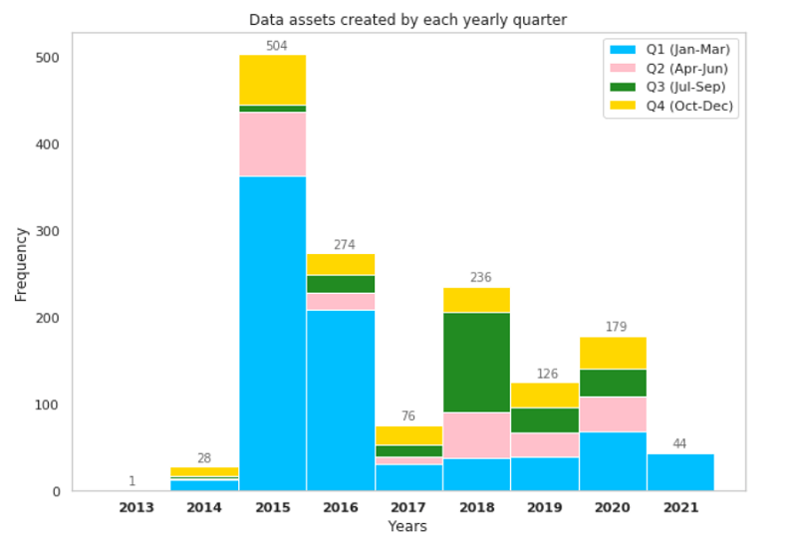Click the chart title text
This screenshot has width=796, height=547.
[407, 19]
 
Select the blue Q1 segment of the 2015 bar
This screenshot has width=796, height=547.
[272, 334]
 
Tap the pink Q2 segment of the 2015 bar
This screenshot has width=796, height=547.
[272, 144]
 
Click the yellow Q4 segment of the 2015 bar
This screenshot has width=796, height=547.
[272, 80]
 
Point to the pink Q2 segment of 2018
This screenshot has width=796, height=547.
[476, 435]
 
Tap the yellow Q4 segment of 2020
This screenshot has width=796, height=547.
[613, 353]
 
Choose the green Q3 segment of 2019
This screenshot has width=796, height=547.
[545, 420]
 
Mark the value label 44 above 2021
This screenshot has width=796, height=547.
[680, 444]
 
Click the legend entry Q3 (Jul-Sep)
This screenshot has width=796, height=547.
[670, 88]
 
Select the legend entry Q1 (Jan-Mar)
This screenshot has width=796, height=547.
[670, 49]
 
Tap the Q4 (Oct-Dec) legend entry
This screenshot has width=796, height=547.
[670, 107]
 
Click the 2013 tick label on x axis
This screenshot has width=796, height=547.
[136, 507]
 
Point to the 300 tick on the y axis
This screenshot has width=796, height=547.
[48, 231]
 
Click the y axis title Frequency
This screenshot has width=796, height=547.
[21, 264]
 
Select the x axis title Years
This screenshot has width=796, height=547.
[407, 526]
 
